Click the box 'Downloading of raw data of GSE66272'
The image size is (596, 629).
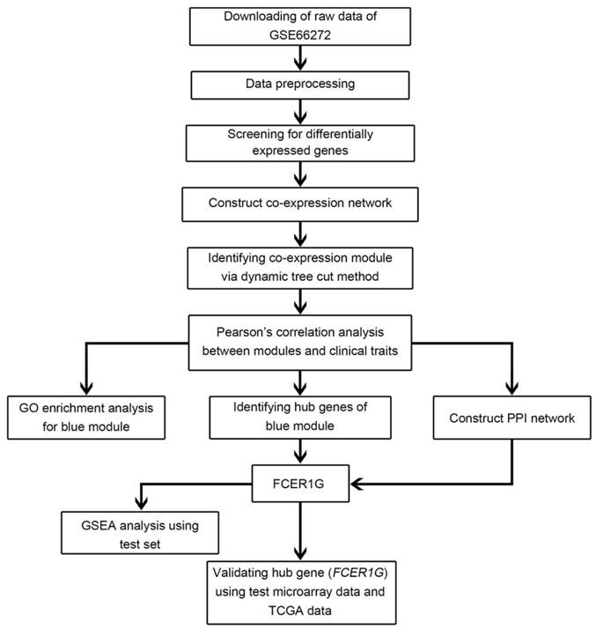[301, 26]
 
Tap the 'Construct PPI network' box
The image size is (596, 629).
[505, 417]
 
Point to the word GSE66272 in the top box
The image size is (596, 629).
[301, 35]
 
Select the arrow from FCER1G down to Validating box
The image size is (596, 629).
[301, 529]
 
